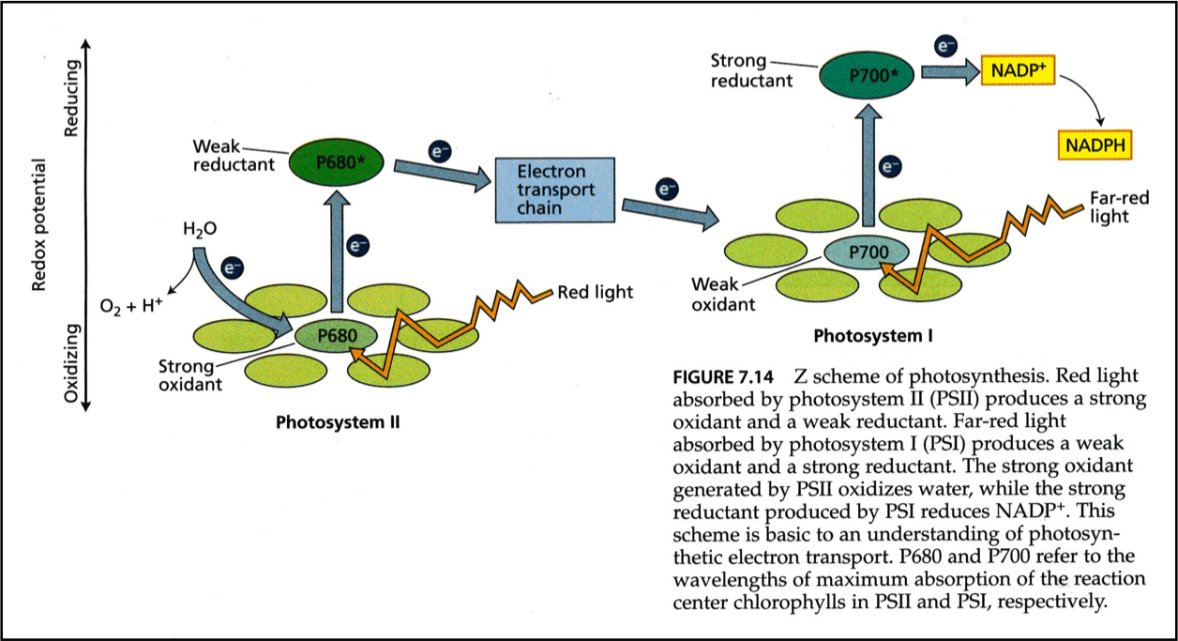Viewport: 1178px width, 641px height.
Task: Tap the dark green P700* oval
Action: pyautogui.click(x=868, y=73)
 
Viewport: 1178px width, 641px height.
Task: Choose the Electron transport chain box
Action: pyautogui.click(x=554, y=190)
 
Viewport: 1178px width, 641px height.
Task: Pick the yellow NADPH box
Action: pyautogui.click(x=1095, y=146)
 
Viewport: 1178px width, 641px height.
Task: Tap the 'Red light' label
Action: pyautogui.click(x=595, y=292)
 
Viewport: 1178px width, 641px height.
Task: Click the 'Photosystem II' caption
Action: pyautogui.click(x=338, y=421)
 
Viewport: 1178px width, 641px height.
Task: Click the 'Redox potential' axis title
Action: pyautogui.click(x=38, y=224)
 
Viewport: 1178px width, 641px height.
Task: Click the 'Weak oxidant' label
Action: pyautogui.click(x=722, y=294)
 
